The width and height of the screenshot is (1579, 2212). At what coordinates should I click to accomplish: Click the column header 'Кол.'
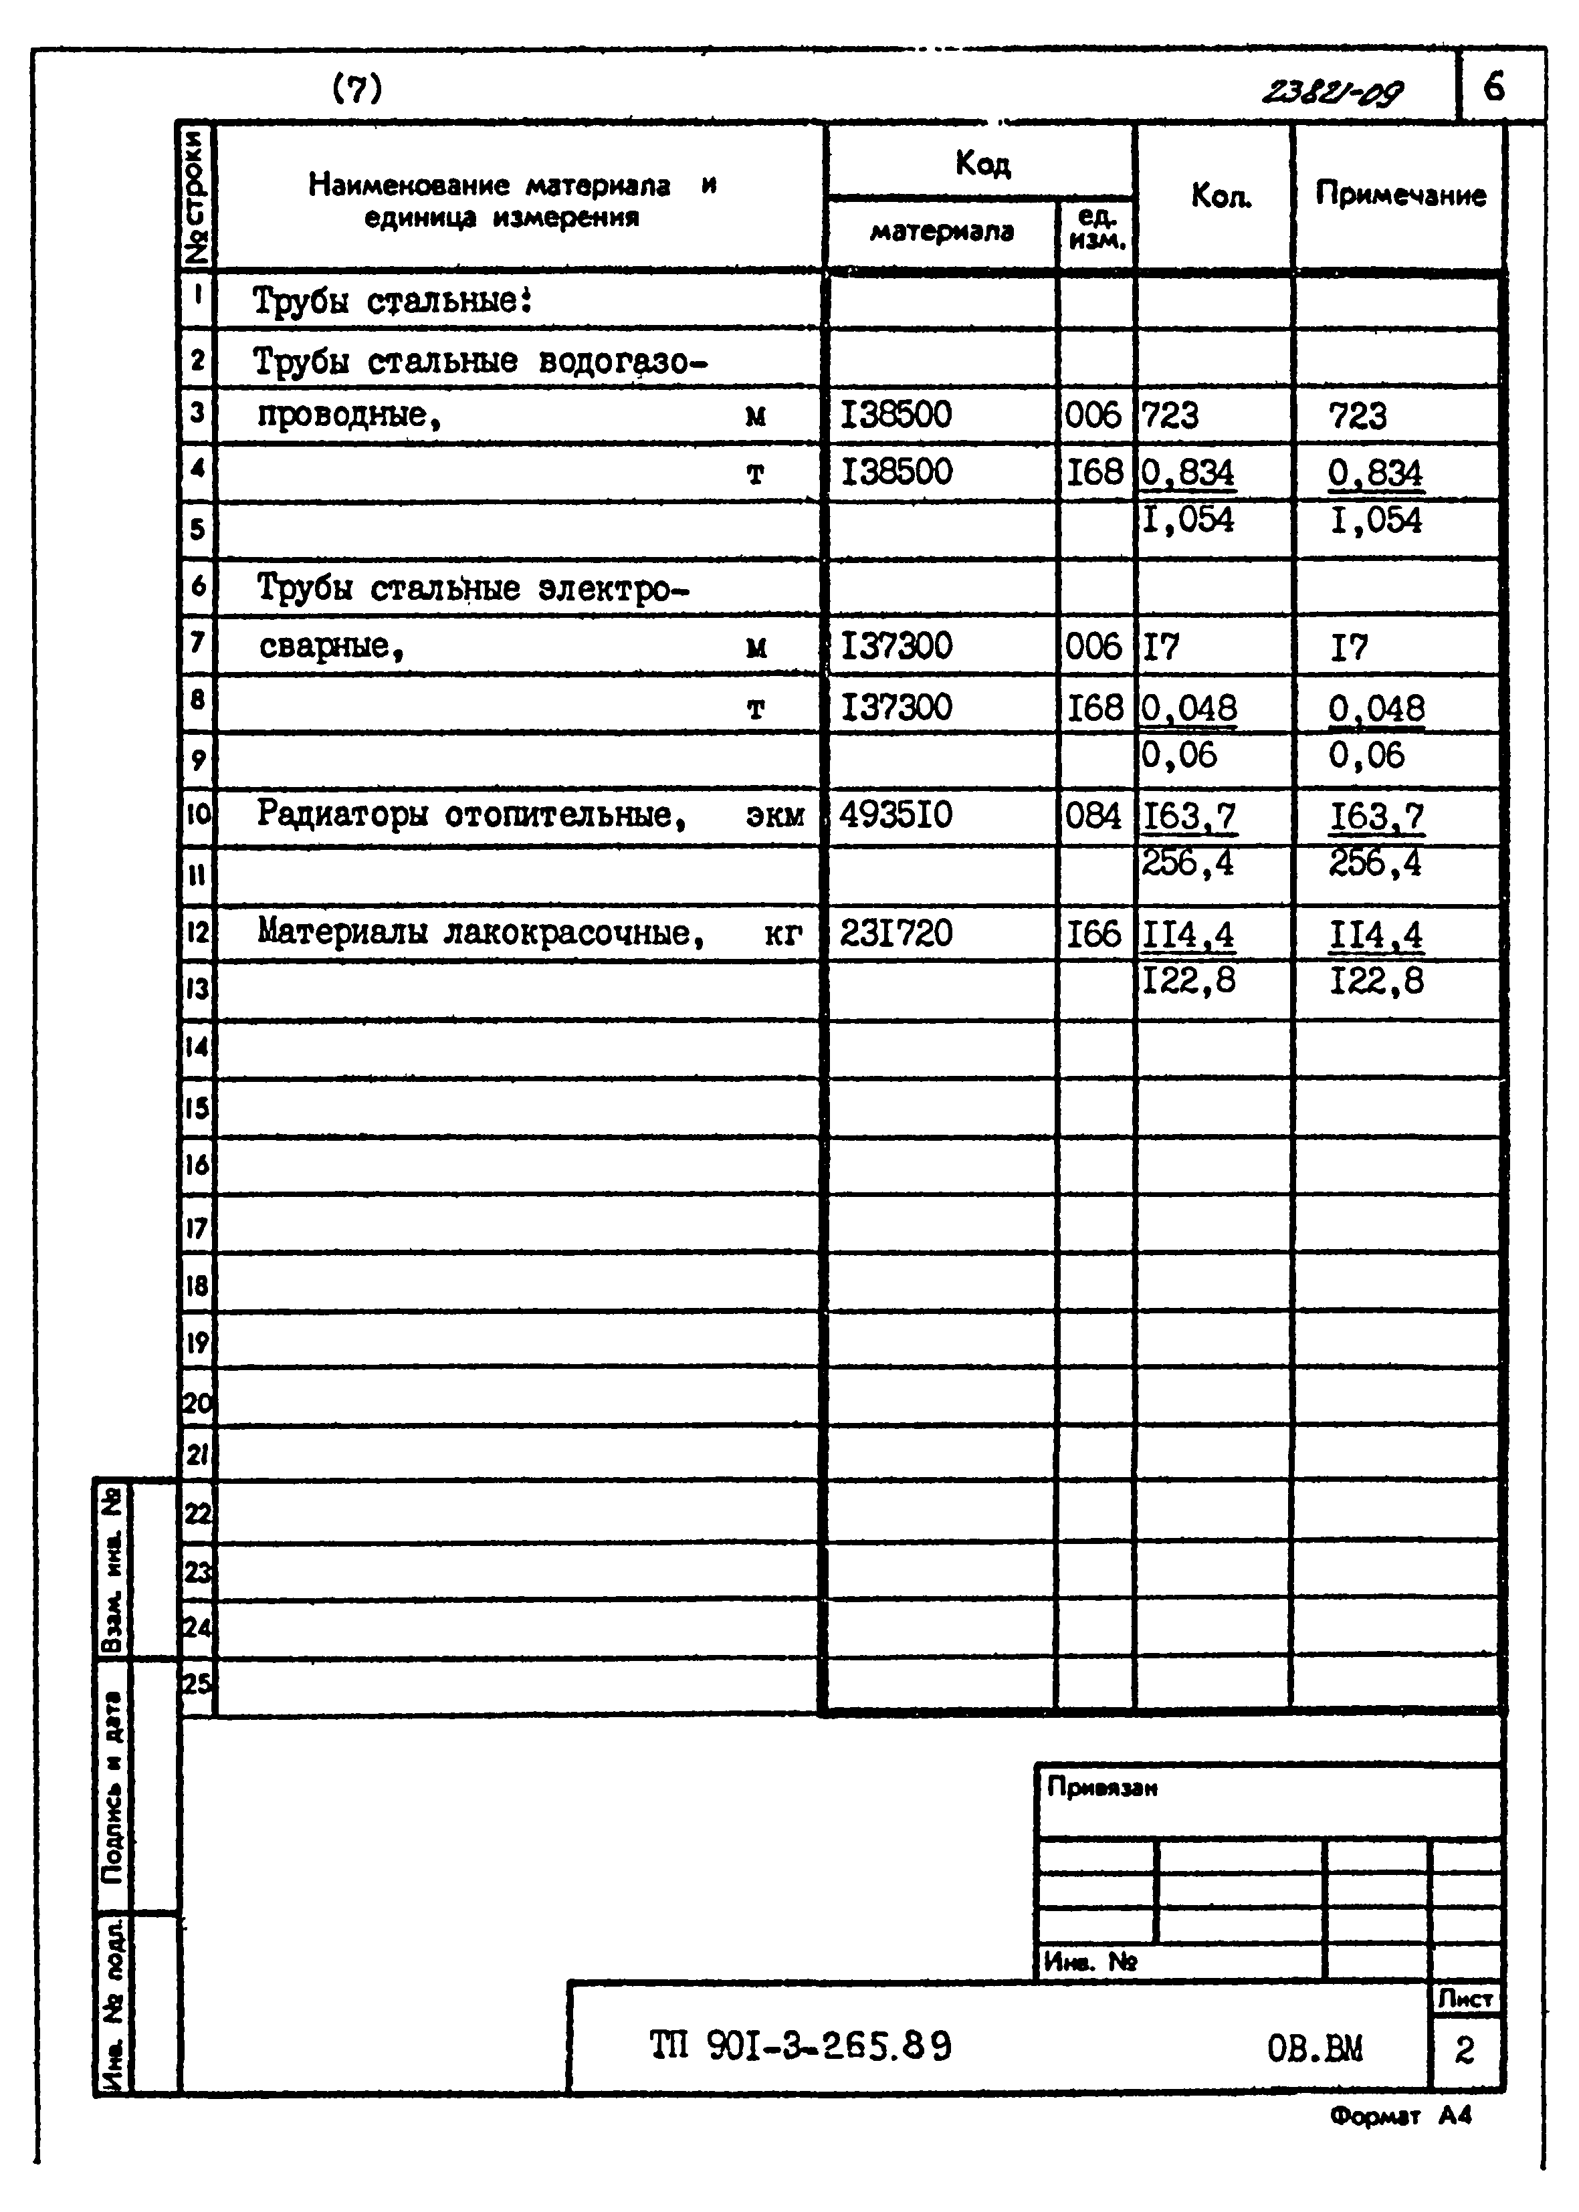click(1221, 197)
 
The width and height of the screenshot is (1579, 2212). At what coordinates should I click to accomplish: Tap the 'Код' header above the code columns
click(982, 162)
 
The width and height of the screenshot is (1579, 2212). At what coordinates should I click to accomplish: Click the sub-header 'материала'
click(941, 232)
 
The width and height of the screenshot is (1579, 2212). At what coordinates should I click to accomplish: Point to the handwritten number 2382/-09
click(1332, 92)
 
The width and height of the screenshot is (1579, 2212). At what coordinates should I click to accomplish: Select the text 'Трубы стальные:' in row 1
click(393, 302)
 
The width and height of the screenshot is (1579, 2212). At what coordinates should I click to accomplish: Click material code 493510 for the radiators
click(896, 814)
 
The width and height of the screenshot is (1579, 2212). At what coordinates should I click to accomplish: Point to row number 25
click(197, 1682)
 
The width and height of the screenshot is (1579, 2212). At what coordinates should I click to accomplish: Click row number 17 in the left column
click(197, 1228)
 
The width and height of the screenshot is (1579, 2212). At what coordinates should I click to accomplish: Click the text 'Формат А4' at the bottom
click(1400, 2116)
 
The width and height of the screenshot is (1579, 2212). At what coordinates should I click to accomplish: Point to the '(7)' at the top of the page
click(357, 90)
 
